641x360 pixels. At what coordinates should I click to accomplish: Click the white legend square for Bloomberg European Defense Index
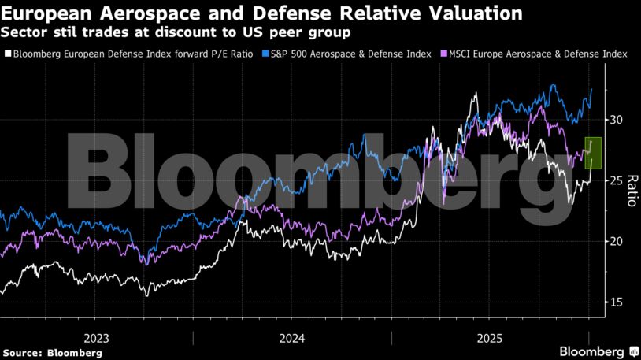tap(7, 54)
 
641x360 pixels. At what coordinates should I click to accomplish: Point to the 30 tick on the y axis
tap(617, 120)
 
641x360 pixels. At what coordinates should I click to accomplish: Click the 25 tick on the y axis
tap(617, 180)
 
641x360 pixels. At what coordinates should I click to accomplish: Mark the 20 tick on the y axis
tap(617, 241)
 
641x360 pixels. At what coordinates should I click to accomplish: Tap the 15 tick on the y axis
tap(617, 302)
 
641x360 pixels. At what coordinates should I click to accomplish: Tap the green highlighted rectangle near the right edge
tap(594, 153)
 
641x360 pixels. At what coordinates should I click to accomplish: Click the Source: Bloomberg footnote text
tap(51, 353)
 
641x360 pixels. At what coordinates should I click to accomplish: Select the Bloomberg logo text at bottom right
tap(591, 351)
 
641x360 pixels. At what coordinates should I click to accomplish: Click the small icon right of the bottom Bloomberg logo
tap(632, 351)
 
